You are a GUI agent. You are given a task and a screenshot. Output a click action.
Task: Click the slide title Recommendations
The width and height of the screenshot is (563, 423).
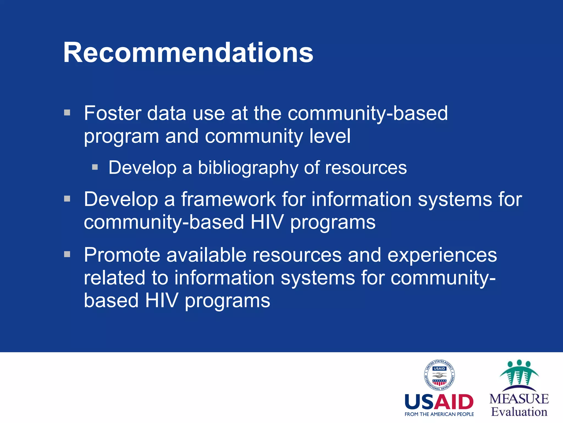(x=188, y=53)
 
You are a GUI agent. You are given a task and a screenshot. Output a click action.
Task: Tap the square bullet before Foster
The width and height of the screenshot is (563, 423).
(x=67, y=113)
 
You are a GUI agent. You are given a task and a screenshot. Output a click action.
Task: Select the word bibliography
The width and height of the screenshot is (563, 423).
(x=248, y=168)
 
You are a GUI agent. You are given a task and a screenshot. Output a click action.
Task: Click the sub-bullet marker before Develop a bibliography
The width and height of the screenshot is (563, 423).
(x=95, y=167)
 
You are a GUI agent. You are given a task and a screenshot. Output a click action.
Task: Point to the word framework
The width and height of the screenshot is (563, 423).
(x=228, y=199)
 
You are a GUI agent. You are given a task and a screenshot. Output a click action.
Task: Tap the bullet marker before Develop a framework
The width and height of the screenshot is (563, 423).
(x=67, y=199)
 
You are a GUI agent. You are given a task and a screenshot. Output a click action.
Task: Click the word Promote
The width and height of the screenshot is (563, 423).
(x=122, y=255)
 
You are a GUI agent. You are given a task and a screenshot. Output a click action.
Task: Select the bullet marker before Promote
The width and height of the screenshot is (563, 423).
(x=67, y=254)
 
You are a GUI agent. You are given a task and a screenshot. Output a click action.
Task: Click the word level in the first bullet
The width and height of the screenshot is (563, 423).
(x=330, y=136)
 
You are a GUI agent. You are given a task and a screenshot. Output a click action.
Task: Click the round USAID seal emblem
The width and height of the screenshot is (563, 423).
(x=439, y=375)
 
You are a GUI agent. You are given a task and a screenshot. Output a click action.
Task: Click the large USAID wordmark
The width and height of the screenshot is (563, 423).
(x=439, y=402)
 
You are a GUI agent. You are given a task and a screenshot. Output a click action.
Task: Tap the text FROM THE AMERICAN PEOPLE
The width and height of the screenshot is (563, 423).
(x=439, y=414)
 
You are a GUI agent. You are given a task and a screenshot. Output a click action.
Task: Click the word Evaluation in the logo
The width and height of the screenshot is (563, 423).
(x=519, y=412)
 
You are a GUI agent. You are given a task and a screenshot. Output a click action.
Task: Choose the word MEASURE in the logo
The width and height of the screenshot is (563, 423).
(x=519, y=399)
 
